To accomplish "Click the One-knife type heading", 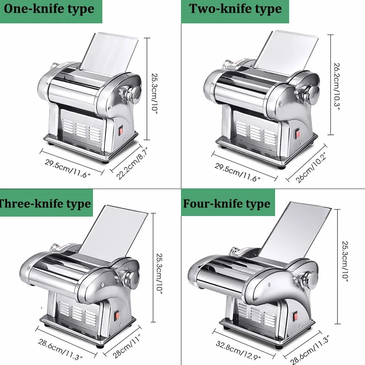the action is (x=49, y=10).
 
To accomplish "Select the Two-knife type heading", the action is (x=235, y=9).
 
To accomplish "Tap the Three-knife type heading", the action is (x=45, y=204).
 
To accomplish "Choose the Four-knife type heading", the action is (x=227, y=204).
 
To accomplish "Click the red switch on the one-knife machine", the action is (x=121, y=130).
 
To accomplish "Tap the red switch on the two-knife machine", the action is (x=298, y=134).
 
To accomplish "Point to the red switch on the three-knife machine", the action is (x=117, y=316).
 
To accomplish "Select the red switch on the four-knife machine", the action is (x=295, y=316).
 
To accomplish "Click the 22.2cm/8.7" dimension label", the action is (x=132, y=163).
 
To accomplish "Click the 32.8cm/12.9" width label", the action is (x=238, y=350).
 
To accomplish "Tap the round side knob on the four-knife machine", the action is (x=311, y=279).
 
